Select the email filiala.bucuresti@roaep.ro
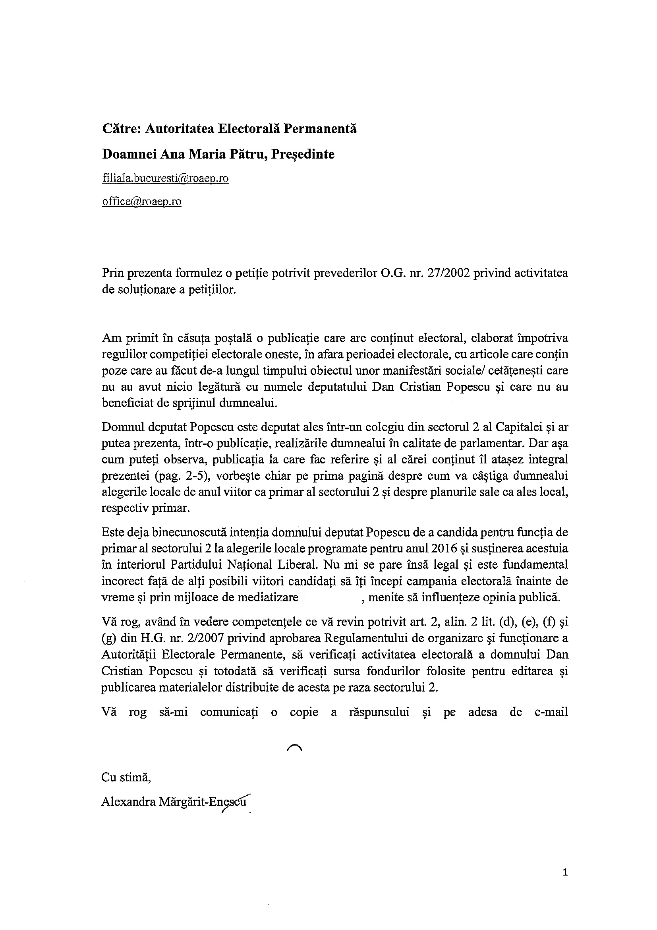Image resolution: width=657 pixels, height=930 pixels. [165, 178]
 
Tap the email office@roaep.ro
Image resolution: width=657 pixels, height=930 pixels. [141, 202]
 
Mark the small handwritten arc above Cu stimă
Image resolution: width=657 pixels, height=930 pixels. [294, 748]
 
